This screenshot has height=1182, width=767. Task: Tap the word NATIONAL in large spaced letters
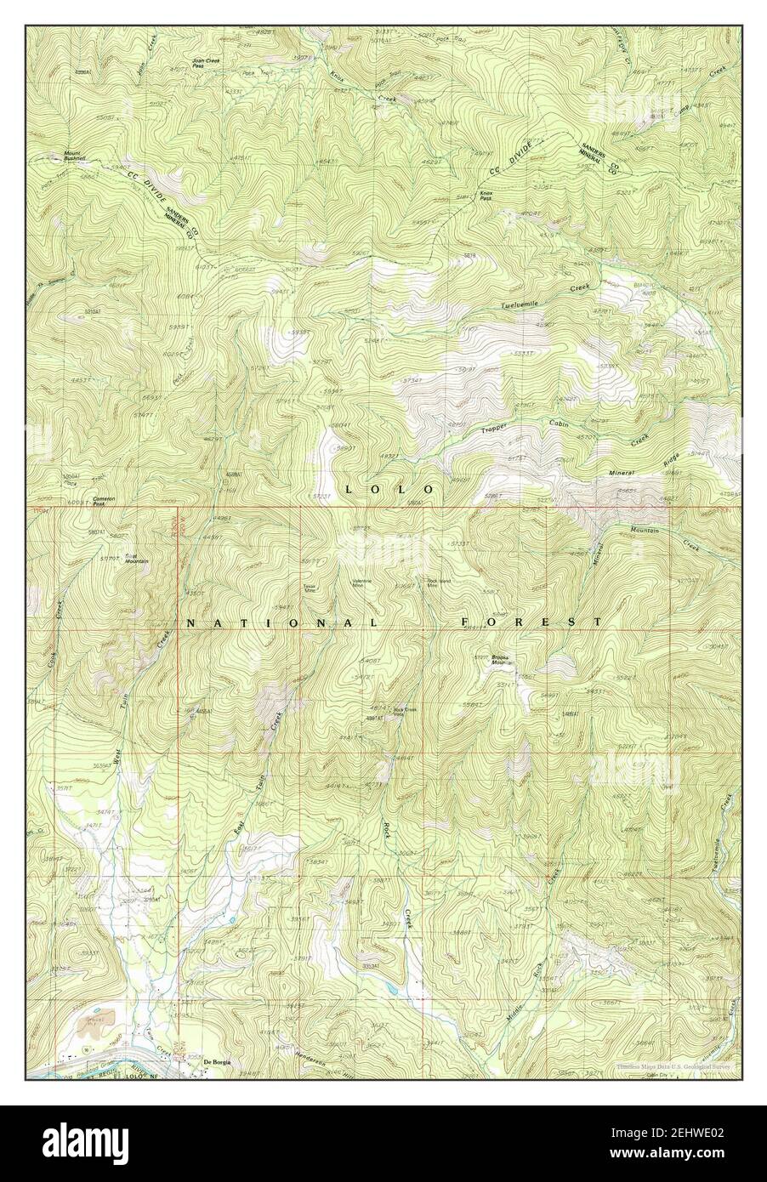coord(281,623)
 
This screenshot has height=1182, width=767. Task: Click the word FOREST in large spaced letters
coord(531,622)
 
